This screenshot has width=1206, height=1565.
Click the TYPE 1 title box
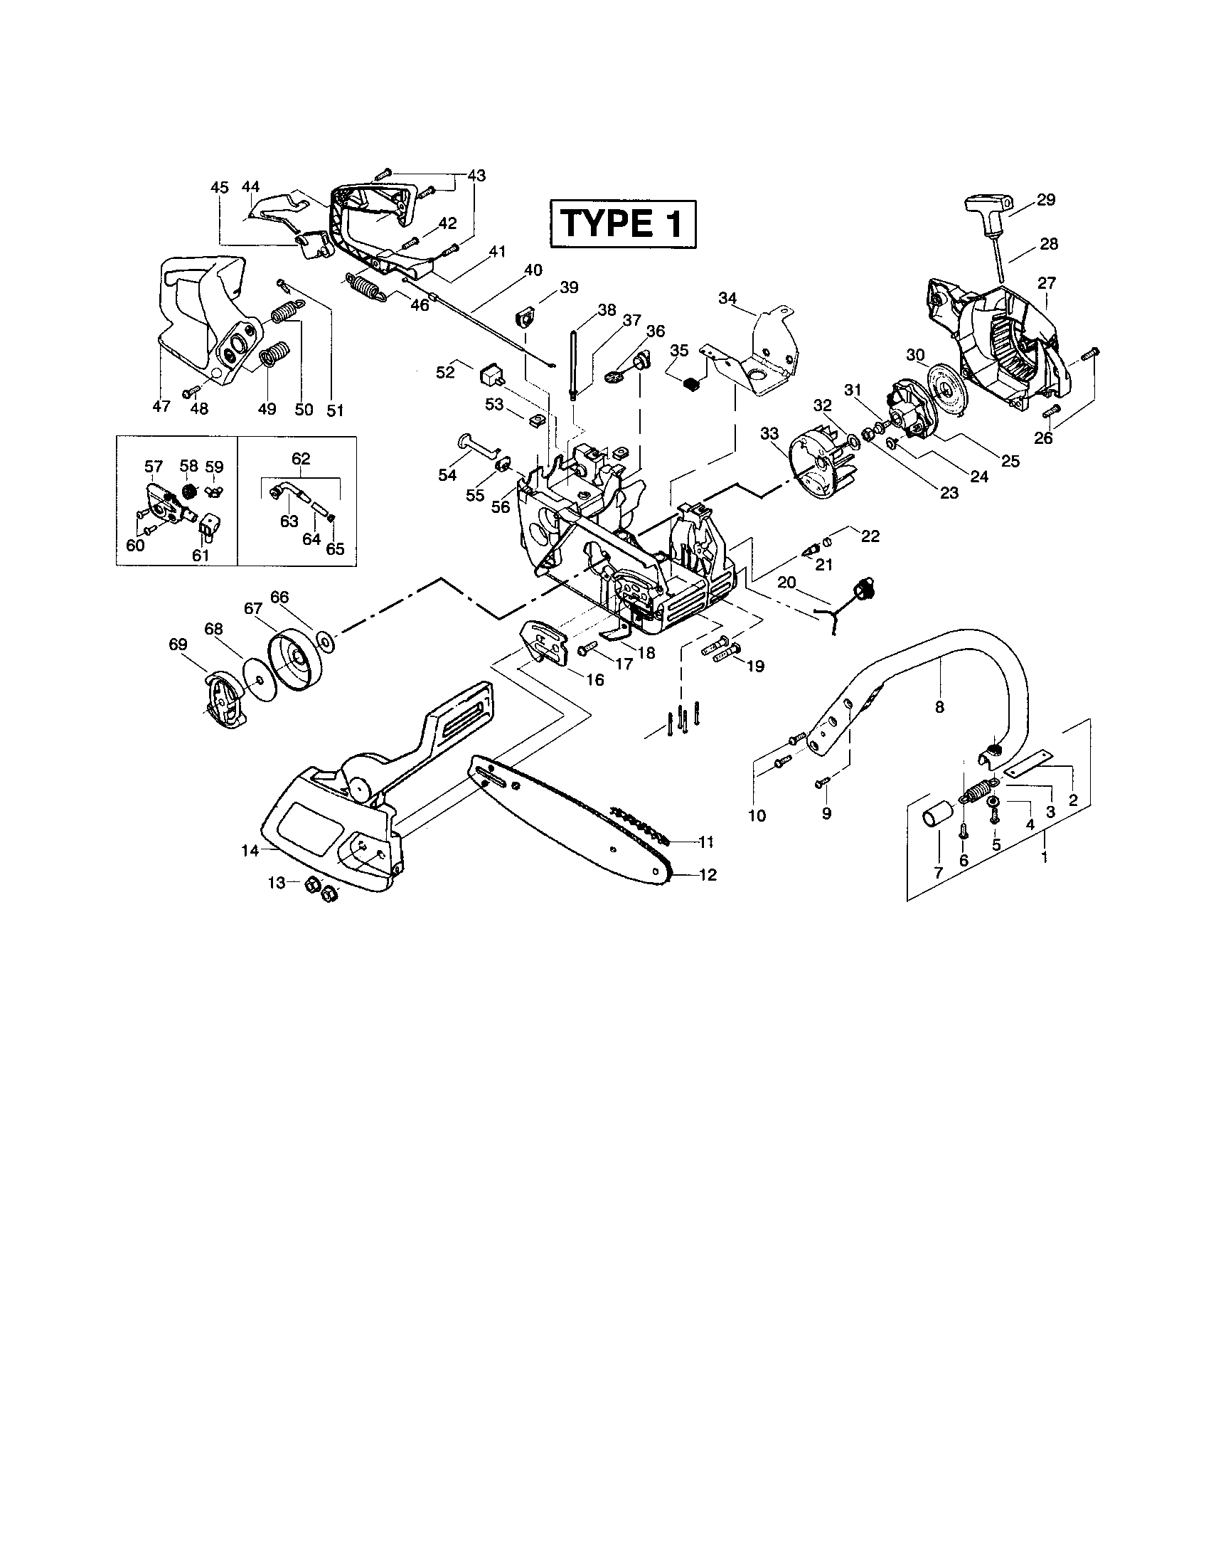pyautogui.click(x=622, y=224)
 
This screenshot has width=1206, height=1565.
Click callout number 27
pyautogui.click(x=1046, y=283)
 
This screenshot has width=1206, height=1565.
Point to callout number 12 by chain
pyautogui.click(x=707, y=875)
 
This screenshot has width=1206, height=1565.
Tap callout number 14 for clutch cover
pyautogui.click(x=249, y=851)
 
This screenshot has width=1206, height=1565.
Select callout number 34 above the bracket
pyautogui.click(x=727, y=297)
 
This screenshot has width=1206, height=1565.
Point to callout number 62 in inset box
pyautogui.click(x=301, y=458)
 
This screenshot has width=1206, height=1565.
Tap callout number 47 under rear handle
pyautogui.click(x=161, y=406)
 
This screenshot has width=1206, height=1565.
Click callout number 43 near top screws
pyautogui.click(x=476, y=176)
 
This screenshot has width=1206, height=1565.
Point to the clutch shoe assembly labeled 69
pyautogui.click(x=223, y=702)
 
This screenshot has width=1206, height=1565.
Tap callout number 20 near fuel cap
pyautogui.click(x=786, y=583)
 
